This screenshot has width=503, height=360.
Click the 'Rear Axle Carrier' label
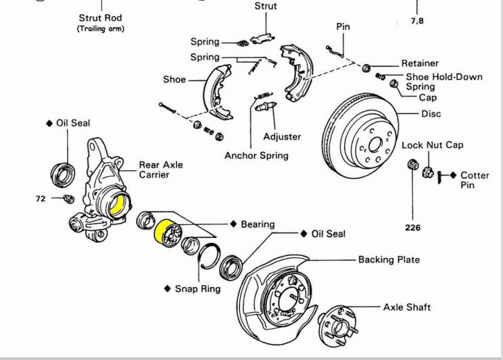click(x=161, y=170)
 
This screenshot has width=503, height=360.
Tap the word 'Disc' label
click(x=431, y=113)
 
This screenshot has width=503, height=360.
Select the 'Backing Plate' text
click(x=389, y=259)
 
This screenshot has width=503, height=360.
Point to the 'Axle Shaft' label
click(x=407, y=307)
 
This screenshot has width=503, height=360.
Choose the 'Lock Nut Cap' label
click(x=433, y=145)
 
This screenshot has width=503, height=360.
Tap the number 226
click(x=412, y=228)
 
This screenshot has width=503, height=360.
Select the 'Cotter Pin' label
click(x=475, y=180)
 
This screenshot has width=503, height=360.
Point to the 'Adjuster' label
click(x=282, y=136)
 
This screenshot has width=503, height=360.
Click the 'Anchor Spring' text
click(x=256, y=155)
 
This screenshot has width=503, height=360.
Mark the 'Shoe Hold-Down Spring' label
click(x=444, y=82)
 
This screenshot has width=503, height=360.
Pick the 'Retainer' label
click(x=420, y=63)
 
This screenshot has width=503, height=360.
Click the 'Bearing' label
click(x=258, y=224)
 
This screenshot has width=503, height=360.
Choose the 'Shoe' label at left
click(x=174, y=79)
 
